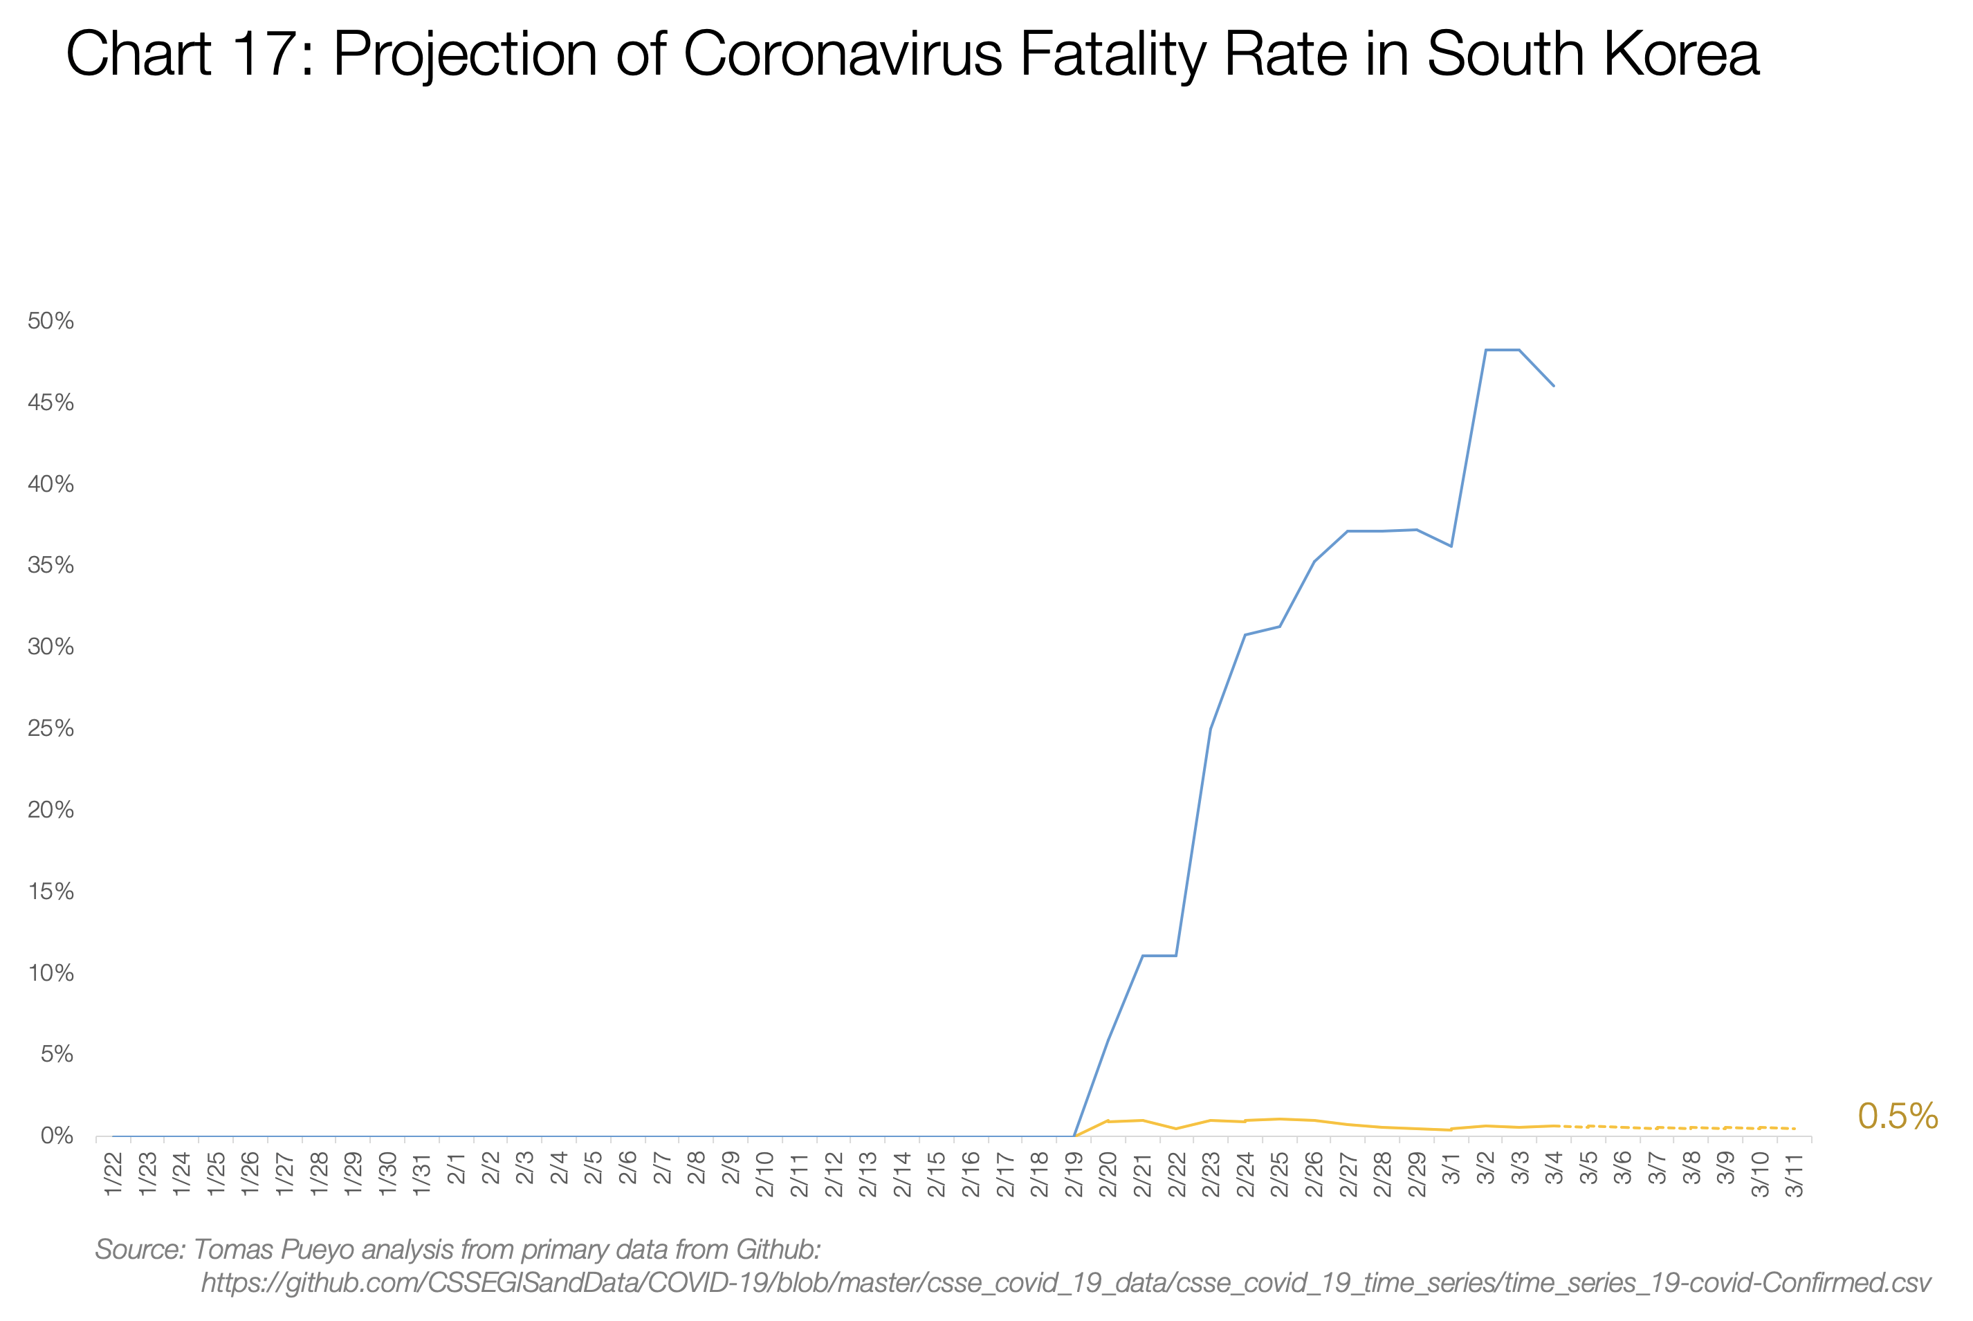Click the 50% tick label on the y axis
click(x=51, y=321)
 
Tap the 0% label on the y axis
click(x=57, y=1136)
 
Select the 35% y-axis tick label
click(x=51, y=565)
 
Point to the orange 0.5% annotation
click(x=1897, y=1116)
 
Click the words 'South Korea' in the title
click(x=1593, y=55)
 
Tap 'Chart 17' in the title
click(x=179, y=55)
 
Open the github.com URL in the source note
click(x=1065, y=1282)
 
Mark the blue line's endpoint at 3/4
click(x=1554, y=386)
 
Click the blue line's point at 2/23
click(x=1211, y=728)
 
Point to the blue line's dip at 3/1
click(x=1451, y=546)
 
